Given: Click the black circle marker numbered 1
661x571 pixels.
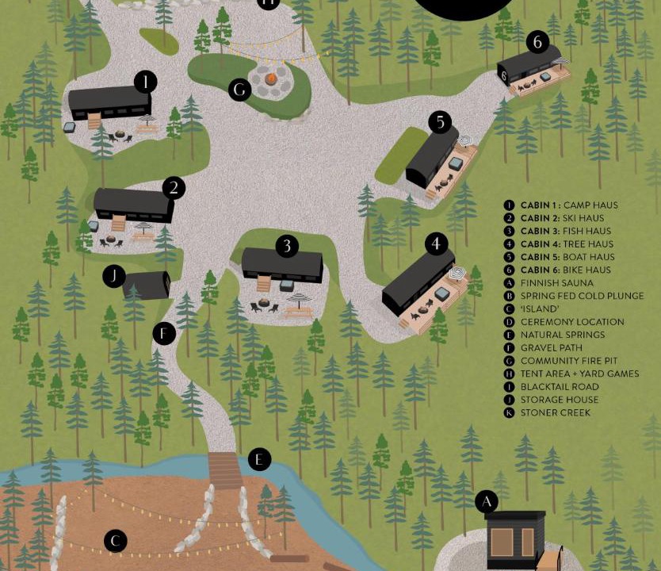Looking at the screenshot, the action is coord(146,82).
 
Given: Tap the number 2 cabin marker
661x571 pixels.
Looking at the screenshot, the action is coord(174,188).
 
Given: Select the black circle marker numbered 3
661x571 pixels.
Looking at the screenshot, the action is coord(287,245).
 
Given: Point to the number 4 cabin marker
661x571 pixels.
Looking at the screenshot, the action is coord(436,243).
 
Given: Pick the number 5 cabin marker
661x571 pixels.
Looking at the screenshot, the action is coord(440,122).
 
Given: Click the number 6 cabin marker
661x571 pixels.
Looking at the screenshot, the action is coord(537,42).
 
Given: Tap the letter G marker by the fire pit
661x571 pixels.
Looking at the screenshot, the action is coord(239,90).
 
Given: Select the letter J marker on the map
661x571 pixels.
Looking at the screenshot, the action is coord(114,276).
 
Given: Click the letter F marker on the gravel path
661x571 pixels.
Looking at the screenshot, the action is coord(164,334).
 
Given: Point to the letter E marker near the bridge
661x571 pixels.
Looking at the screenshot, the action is coord(259,459).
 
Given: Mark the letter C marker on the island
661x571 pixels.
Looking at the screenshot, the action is coord(116,541).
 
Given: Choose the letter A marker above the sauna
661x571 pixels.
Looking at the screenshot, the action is coord(487,502).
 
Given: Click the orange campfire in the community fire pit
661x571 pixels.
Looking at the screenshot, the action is coord(271,79).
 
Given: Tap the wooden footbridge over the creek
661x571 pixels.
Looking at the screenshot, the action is coord(226,470).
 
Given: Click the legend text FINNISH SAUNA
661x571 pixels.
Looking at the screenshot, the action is coord(557,283).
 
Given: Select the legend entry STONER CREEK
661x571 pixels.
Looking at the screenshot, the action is coord(556,412).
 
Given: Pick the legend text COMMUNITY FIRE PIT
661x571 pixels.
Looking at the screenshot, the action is coord(569,361).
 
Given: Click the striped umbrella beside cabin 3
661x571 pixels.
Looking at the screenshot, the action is coord(300,298).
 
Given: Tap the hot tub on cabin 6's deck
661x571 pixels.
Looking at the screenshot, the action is coord(545,76).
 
